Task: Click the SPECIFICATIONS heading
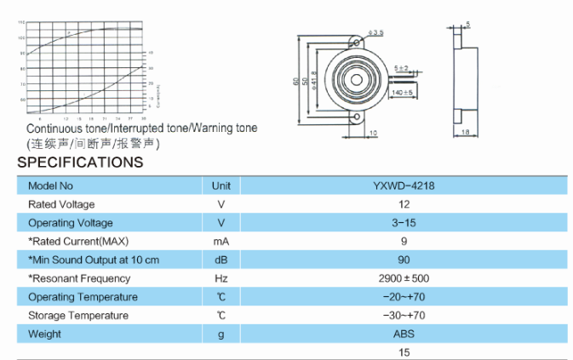tap(80, 162)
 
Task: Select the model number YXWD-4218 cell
tap(404, 186)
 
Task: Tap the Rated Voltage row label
tap(61, 204)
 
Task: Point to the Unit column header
tap(221, 186)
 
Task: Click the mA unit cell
tap(221, 242)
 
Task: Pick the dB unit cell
tap(221, 260)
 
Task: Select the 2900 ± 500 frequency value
tap(404, 278)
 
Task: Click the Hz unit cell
tap(221, 278)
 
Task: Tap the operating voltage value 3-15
tap(404, 223)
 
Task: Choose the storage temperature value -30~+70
tap(404, 316)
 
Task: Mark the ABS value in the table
tap(404, 334)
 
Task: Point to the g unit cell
tap(221, 334)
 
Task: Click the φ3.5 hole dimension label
tap(375, 32)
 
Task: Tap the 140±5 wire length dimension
tap(402, 92)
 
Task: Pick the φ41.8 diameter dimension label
tap(314, 80)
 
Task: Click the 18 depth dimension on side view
tap(466, 133)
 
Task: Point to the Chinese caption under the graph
tap(93, 143)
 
